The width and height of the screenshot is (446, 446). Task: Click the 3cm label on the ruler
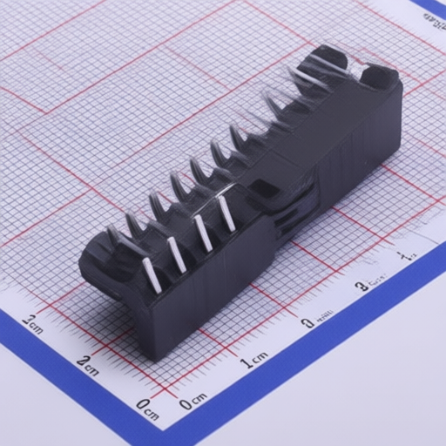[33, 324]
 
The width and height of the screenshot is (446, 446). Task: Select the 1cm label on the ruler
[255, 360]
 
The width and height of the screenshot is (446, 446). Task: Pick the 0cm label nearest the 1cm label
[193, 401]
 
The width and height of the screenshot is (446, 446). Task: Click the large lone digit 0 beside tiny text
[307, 323]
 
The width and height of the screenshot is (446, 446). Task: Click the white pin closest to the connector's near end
[152, 274]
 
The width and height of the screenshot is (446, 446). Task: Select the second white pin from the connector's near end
[178, 254]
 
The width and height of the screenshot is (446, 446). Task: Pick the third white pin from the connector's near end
[203, 233]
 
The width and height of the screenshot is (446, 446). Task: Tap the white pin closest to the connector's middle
[226, 213]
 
